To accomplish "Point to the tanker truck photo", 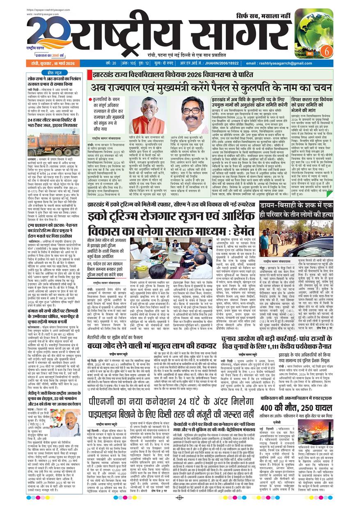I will (54, 142).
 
